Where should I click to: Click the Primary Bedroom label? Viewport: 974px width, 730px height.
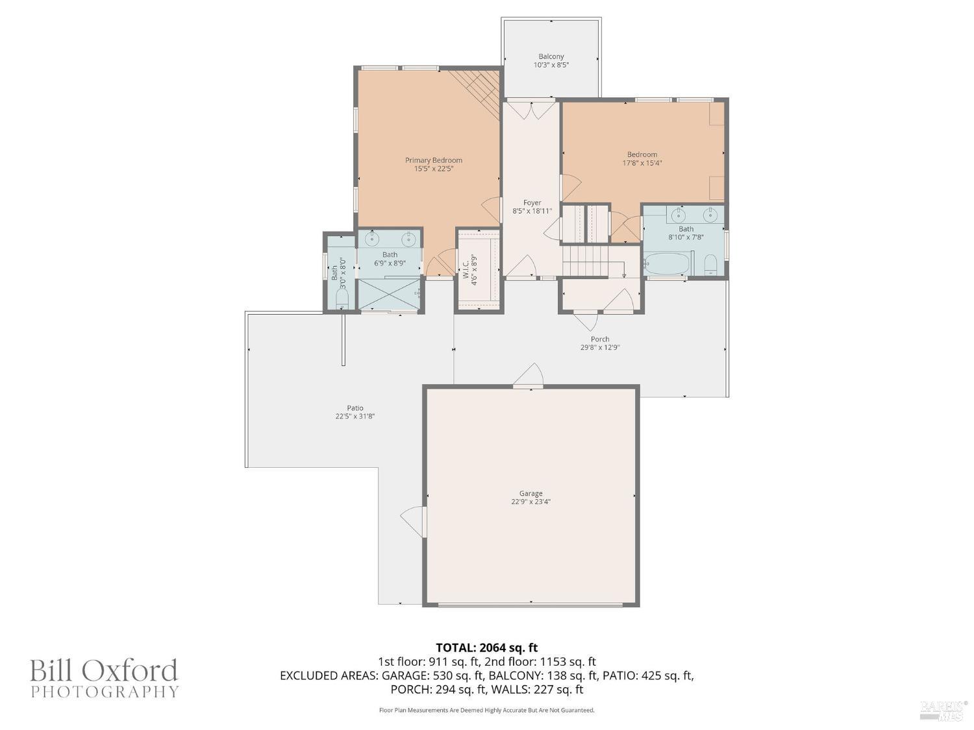click(433, 160)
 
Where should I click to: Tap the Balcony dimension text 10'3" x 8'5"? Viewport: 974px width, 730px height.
click(551, 65)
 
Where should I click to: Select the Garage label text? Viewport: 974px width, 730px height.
click(531, 493)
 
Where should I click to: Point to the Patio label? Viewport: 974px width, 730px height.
click(355, 408)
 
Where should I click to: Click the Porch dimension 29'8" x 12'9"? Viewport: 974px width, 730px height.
click(599, 347)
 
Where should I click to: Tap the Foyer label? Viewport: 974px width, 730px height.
click(532, 203)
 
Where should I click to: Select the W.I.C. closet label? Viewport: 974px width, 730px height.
click(466, 269)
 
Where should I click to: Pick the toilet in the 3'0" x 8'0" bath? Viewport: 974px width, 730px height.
click(342, 299)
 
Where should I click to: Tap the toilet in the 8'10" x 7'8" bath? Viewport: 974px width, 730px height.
click(710, 263)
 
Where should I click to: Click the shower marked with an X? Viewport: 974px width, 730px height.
click(390, 294)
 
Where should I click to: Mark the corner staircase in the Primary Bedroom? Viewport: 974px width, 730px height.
click(479, 88)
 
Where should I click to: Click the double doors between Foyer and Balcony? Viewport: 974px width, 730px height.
click(531, 110)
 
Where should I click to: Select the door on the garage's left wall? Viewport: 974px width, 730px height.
click(413, 521)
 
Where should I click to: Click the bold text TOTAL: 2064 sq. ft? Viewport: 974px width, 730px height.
click(486, 648)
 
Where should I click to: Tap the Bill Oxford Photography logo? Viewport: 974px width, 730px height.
click(104, 677)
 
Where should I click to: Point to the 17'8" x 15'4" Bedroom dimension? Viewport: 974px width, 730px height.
click(642, 163)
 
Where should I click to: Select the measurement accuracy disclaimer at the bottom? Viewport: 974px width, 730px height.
click(486, 710)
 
